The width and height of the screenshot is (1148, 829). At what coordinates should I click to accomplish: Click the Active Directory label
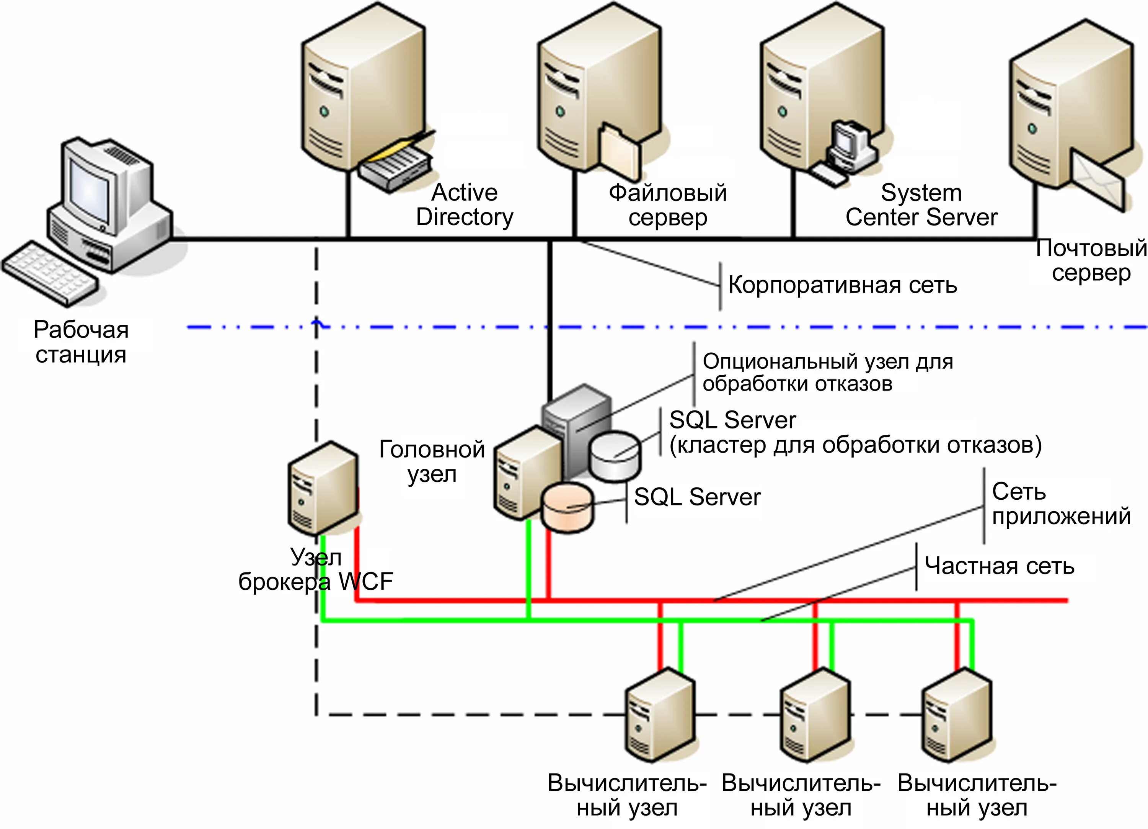tap(464, 205)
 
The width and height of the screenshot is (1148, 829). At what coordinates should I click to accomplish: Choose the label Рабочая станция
tap(81, 342)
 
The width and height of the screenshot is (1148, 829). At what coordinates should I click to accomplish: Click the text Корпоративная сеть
tap(842, 285)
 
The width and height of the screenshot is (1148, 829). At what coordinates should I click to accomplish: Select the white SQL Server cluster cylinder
tap(615, 455)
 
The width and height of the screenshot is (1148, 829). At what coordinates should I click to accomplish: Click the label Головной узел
tap(432, 461)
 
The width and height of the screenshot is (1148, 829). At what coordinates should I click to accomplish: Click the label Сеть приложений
tap(1060, 504)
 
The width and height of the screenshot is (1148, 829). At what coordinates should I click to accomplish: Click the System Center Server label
tap(921, 205)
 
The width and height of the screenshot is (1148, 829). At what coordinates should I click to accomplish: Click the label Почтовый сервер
tap(1091, 260)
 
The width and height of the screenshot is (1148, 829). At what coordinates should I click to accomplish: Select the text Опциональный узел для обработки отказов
tap(828, 372)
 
